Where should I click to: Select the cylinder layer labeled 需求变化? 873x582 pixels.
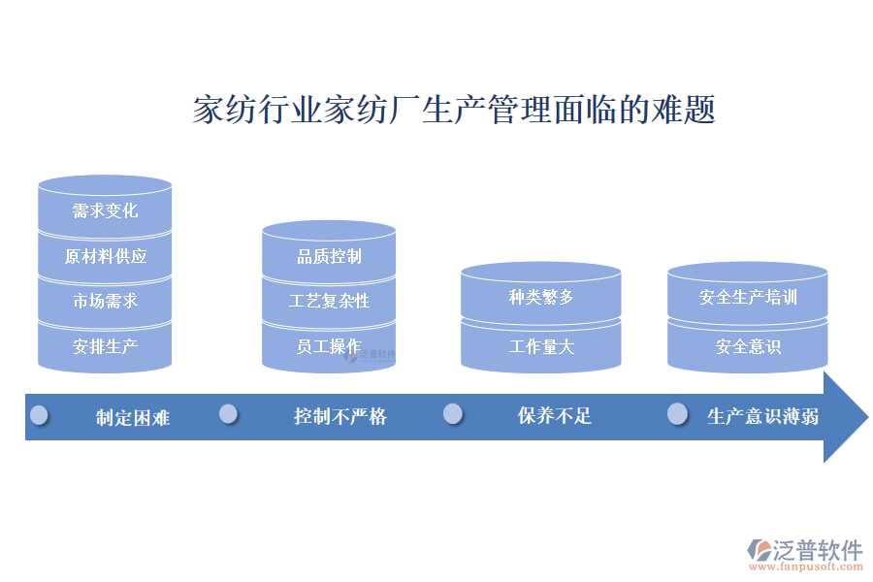pos(105,210)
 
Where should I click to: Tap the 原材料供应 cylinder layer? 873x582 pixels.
pos(105,256)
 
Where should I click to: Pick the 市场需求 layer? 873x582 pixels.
pos(105,301)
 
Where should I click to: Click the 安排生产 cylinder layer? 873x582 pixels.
pos(105,345)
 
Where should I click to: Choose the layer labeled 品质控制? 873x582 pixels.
pos(329,256)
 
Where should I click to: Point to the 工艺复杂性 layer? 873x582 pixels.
pos(329,301)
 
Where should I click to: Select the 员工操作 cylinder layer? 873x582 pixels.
pos(329,345)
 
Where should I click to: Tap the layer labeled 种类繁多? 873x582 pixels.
pos(541,297)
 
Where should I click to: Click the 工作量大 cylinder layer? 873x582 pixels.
pos(541,345)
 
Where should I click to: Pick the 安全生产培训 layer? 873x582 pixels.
pos(748,297)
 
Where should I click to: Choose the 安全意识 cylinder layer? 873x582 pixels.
pos(748,345)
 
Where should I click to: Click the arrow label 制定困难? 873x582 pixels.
pos(133,417)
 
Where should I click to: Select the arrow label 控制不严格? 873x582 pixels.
pos(340,416)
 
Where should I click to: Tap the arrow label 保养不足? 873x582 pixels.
pos(554,416)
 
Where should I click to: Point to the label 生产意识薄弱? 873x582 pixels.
pos(762,417)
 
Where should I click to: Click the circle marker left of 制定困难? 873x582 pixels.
pos(39,415)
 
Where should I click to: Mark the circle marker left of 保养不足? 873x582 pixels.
pos(453,414)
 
